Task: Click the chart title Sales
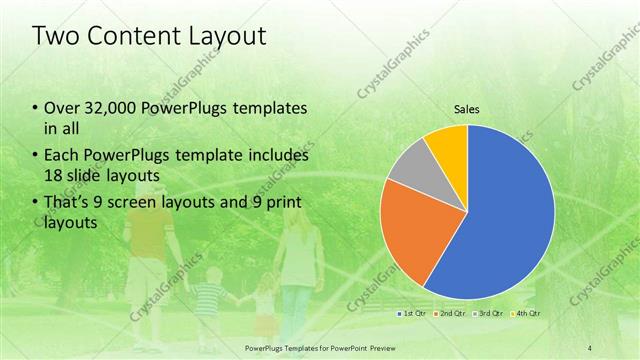466,109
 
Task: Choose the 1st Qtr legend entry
414,314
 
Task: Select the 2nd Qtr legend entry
449,314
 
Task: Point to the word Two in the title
54,37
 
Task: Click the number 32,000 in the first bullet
108,108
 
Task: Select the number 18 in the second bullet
55,176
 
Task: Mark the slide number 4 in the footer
589,346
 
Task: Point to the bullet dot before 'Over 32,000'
35,108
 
